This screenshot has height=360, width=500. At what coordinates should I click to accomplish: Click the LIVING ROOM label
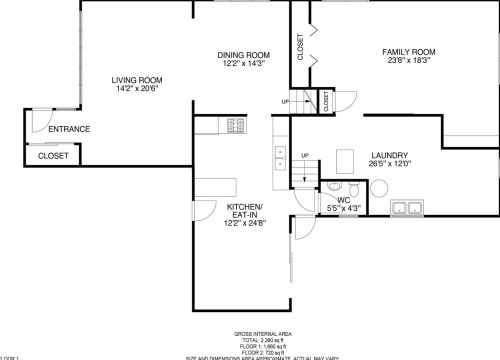click(x=137, y=80)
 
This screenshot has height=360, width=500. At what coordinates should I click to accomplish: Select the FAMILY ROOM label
click(x=411, y=50)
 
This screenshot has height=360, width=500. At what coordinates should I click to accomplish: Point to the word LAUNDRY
click(x=388, y=155)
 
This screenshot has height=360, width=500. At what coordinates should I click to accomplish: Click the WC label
click(x=343, y=200)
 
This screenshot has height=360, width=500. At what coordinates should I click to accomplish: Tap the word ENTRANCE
click(x=69, y=129)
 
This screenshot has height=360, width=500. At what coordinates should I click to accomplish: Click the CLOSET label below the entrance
click(x=54, y=156)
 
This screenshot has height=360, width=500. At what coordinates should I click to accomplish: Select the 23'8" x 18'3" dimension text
click(x=411, y=60)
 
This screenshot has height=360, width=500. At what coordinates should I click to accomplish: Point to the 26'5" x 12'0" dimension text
click(x=388, y=165)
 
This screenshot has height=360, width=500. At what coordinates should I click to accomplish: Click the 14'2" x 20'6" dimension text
click(x=137, y=90)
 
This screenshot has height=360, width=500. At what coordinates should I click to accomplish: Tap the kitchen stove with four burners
click(x=236, y=127)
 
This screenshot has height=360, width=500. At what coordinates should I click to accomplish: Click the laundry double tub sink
click(x=407, y=208)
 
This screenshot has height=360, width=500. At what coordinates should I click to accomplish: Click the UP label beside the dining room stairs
click(x=285, y=102)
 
